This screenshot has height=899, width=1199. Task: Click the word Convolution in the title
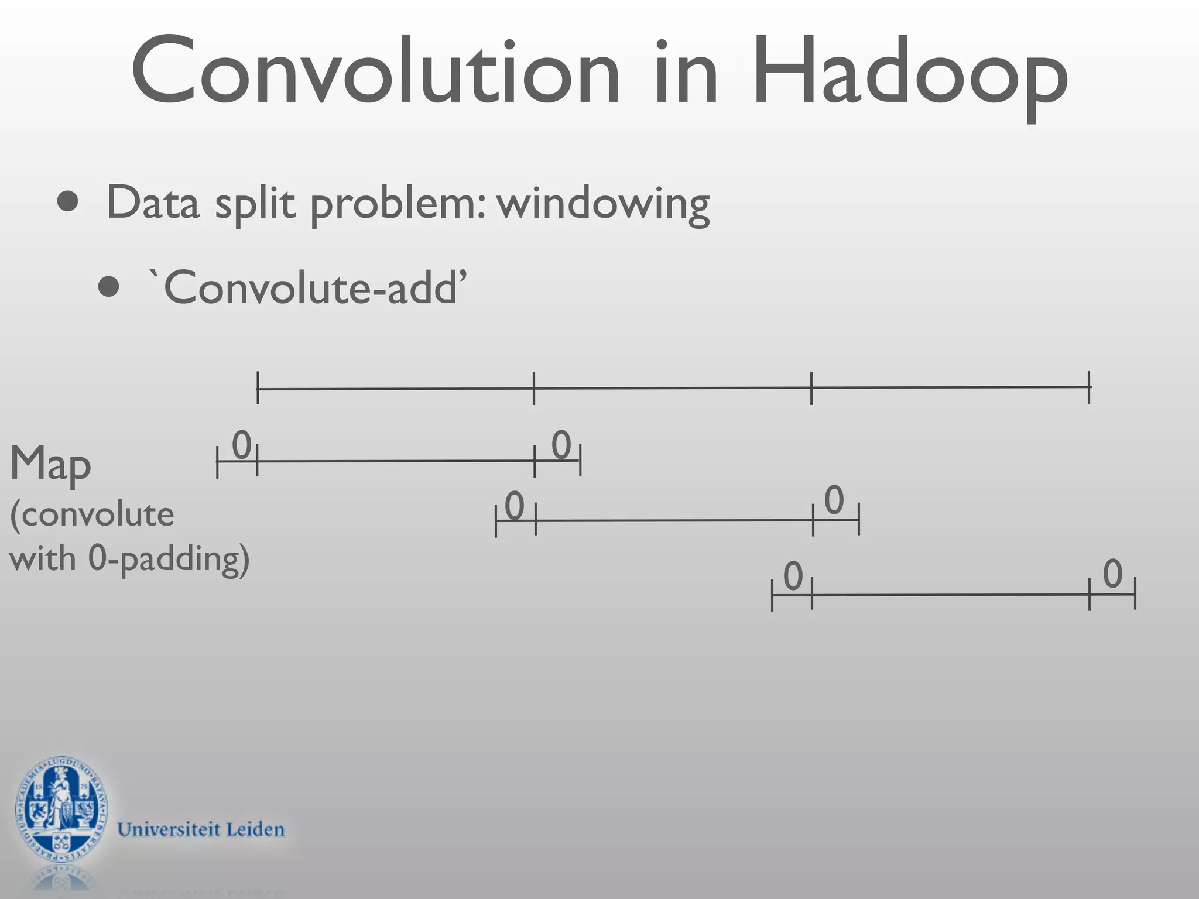coord(375,71)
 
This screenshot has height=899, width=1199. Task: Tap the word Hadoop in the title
coord(910,73)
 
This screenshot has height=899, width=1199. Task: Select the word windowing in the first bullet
coord(603,204)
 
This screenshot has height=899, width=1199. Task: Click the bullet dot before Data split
coord(68,202)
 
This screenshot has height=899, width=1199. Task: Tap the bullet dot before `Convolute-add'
coord(109,287)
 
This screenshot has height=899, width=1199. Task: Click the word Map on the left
coord(50,464)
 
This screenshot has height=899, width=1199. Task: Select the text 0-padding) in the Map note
coord(169,559)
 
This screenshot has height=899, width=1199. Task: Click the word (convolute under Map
coord(92,514)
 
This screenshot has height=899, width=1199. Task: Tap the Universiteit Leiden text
coord(201,829)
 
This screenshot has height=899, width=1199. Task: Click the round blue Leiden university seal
coord(61,811)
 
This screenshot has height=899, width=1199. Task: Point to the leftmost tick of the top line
coord(258,387)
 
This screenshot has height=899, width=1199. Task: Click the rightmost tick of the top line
coord(1089,387)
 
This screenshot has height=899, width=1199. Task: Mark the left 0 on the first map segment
coord(242,445)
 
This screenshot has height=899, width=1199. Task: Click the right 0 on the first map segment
coord(561,445)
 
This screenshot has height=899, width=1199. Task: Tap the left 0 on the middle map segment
coord(514,506)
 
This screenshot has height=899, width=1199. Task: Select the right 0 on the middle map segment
coord(834,500)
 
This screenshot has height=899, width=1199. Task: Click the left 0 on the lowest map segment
coord(793,576)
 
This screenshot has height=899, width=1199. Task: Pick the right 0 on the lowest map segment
coord(1112,574)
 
